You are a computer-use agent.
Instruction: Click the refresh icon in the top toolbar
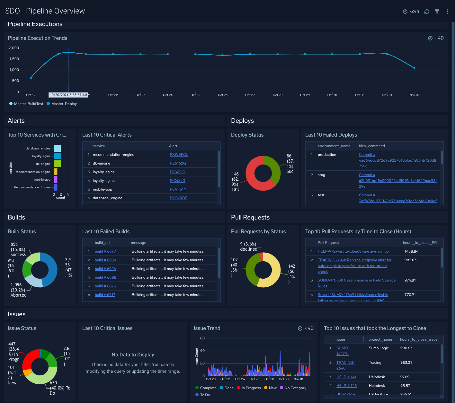[427, 12]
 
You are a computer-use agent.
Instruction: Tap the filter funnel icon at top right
[437, 12]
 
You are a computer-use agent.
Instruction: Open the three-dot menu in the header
[447, 12]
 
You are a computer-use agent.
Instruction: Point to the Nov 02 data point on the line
[415, 68]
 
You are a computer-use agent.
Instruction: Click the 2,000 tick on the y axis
[14, 48]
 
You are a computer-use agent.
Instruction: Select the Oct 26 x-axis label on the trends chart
[222, 95]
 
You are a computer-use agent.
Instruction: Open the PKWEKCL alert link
[179, 155]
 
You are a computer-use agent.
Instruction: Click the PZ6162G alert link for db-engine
[178, 163]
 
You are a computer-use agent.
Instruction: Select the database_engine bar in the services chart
[57, 148]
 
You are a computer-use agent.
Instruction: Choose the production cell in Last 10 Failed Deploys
[327, 155]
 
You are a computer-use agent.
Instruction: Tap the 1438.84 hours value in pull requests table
[411, 251]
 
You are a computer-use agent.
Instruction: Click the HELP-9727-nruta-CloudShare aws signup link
[353, 251]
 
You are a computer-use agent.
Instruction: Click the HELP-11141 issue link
[346, 377]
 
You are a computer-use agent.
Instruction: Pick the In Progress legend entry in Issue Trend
[251, 388]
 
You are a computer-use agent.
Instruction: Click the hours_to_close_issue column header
[418, 339]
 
